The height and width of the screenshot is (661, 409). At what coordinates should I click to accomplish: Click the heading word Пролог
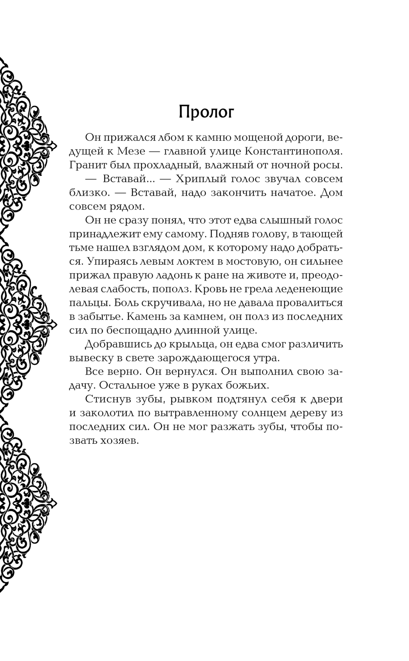tap(207, 112)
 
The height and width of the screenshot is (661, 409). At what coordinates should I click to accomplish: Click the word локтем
tap(172, 261)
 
